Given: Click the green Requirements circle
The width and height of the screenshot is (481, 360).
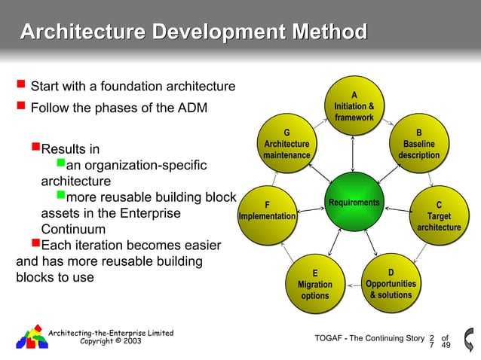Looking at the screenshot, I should [x=353, y=203].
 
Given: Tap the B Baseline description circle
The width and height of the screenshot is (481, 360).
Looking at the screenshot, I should [x=418, y=144].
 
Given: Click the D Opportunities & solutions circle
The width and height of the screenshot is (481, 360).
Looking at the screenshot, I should [x=390, y=283].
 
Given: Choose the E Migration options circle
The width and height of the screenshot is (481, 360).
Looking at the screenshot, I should [x=314, y=284].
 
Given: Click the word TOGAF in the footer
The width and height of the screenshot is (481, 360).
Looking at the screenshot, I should [x=329, y=338].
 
